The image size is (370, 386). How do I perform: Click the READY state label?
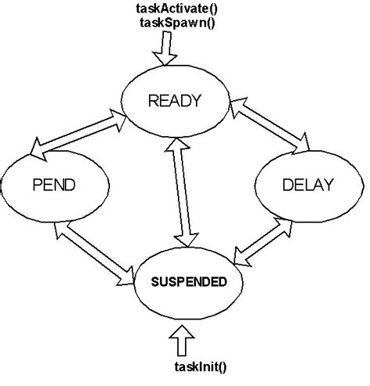(x=176, y=100)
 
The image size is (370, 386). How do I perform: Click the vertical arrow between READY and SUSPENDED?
(x=183, y=195)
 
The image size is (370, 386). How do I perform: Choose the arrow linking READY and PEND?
(x=79, y=131)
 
